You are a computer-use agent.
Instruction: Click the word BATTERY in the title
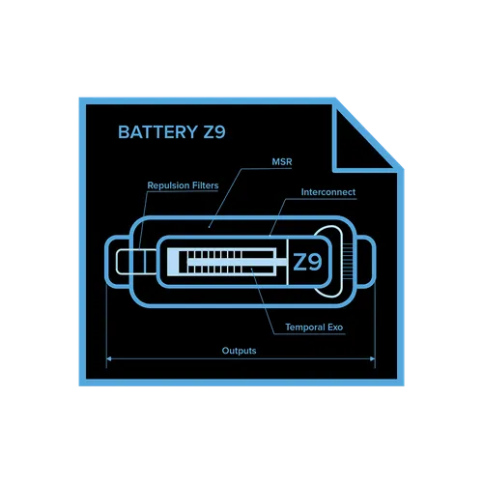point(157,132)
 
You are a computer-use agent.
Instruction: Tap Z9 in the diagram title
point(214,132)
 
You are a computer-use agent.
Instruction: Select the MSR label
point(282,161)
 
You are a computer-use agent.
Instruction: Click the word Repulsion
point(168,185)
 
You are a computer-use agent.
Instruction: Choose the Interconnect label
point(328,192)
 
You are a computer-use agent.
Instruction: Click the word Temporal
point(305,327)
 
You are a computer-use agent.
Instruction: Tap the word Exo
point(335,327)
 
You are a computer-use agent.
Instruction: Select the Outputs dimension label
point(239,351)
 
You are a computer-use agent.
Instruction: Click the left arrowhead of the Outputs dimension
point(109,358)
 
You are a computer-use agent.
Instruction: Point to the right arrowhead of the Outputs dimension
point(373,358)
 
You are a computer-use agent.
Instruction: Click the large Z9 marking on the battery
point(307,262)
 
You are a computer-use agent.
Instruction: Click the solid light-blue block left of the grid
point(173,262)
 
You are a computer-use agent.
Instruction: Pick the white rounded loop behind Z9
point(340,262)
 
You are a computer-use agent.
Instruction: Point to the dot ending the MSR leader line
point(209,227)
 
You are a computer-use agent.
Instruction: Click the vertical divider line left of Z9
point(287,262)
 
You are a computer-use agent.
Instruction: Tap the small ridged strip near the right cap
point(348,262)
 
